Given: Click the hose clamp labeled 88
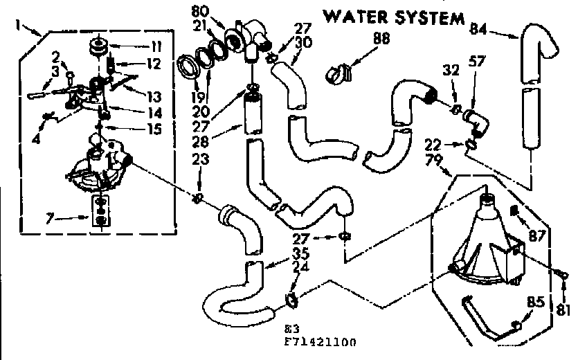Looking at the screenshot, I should click(x=341, y=70).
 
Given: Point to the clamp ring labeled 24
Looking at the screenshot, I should click(x=291, y=300).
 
